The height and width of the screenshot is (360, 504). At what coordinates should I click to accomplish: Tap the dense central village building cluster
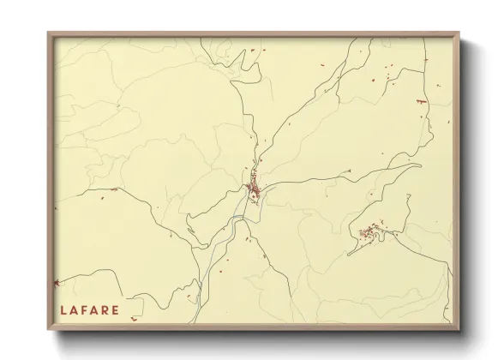pos(254,189)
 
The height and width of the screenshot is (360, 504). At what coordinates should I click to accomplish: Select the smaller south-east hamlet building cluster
pos(371,231)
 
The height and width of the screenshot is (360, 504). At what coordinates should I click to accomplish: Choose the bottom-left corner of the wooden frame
pos(50,330)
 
